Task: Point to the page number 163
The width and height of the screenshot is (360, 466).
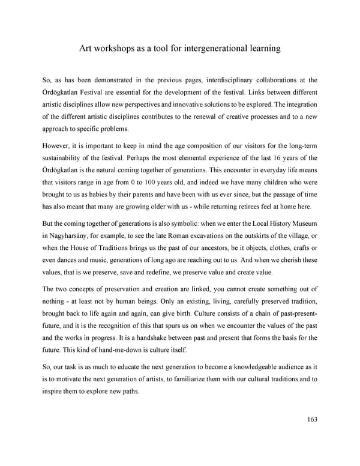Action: point(310,419)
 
